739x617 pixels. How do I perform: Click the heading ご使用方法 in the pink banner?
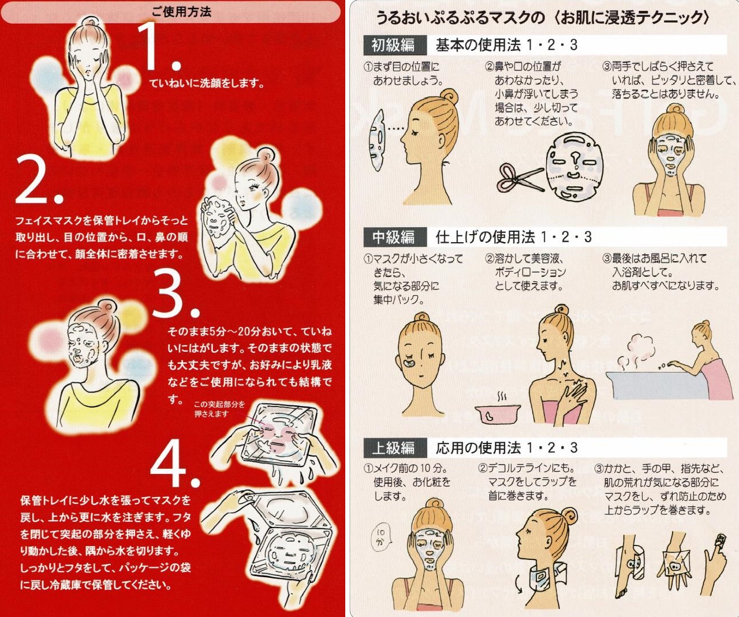181,12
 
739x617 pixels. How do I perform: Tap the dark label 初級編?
393,45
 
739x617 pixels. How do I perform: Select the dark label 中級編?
393,237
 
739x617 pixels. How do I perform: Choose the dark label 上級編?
393,447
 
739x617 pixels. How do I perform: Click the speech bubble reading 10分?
381,538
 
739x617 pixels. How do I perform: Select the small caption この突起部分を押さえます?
219,409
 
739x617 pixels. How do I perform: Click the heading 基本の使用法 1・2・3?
506,45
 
